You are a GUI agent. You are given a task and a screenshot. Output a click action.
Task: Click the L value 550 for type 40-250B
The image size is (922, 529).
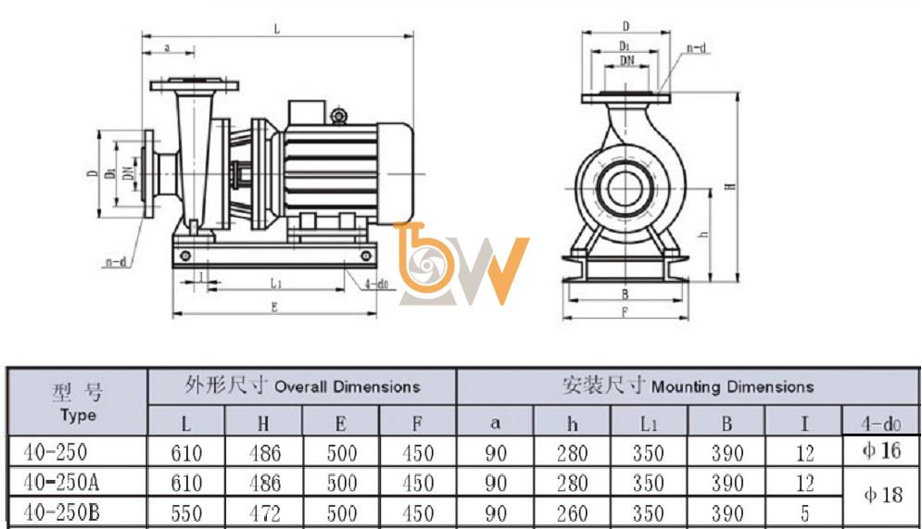coord(186,514)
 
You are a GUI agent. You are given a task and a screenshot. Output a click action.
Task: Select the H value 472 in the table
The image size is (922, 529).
coord(265,514)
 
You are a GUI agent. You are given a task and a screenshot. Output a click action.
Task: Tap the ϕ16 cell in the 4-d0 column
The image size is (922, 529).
coord(881,451)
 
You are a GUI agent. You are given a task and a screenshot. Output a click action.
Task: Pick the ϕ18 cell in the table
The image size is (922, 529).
coord(882,495)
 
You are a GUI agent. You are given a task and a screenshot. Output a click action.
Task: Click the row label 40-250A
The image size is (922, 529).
coord(61,483)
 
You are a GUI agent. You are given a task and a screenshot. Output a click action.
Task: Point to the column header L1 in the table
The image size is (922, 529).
coord(649,423)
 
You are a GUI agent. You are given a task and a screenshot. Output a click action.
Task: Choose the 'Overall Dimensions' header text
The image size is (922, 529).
coord(347,386)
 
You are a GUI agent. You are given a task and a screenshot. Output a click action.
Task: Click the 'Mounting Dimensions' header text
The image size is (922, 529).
coord(733,386)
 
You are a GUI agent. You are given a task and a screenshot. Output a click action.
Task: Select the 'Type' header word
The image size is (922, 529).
coord(78,416)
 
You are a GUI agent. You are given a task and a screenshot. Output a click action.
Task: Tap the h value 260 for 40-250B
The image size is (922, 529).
coord(572,514)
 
